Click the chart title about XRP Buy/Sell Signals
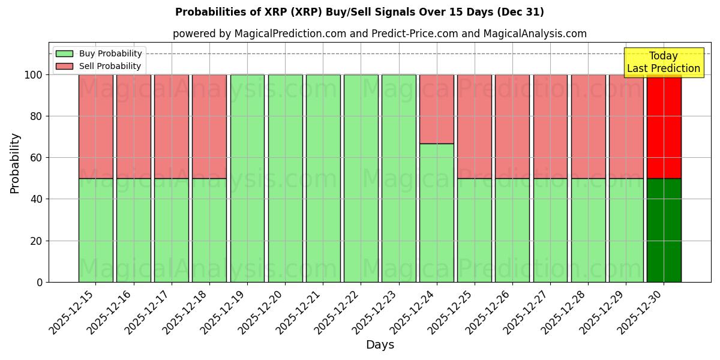point(359,12)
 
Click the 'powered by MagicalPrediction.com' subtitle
point(379,34)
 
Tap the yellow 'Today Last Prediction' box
point(664,62)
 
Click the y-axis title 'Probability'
point(15,163)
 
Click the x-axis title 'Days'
point(380,345)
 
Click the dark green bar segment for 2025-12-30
point(664,230)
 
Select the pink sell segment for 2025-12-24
point(437,109)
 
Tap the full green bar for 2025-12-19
point(247,178)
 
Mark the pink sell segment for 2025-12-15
point(95,127)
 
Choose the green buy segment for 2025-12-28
point(588,230)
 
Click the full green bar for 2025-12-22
point(361,178)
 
